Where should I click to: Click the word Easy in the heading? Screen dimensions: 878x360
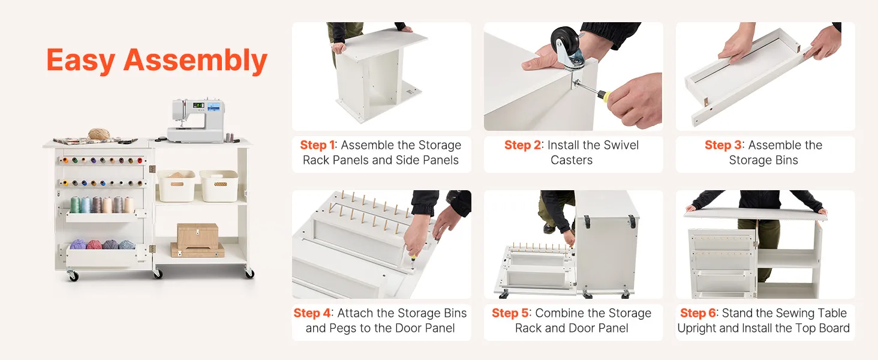click(81, 61)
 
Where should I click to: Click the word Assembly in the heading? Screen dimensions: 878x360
click(196, 61)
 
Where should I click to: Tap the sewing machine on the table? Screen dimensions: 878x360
click(196, 120)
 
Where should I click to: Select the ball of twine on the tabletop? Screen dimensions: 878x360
click(98, 134)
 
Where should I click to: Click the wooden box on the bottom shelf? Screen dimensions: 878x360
click(197, 236)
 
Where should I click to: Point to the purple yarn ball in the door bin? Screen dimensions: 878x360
click(78, 244)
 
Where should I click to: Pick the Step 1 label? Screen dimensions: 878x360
click(317, 145)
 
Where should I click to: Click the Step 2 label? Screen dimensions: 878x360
click(522, 145)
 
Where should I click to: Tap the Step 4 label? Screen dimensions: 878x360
click(312, 313)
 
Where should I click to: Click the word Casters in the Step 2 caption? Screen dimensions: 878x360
click(572, 160)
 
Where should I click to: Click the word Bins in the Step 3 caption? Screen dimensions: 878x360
click(786, 160)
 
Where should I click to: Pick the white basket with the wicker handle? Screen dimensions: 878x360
click(220, 185)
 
